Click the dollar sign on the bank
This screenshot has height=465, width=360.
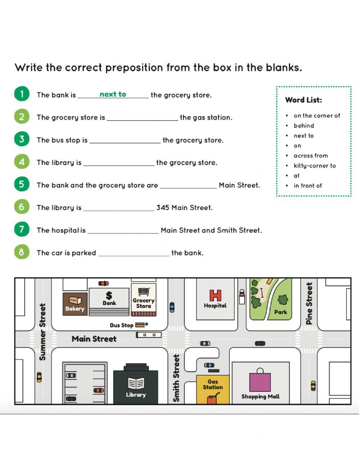click(x=109, y=295)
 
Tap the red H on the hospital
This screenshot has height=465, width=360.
click(x=215, y=295)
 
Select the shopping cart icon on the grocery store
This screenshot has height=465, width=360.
click(x=143, y=291)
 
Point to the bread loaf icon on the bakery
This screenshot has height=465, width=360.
click(x=75, y=300)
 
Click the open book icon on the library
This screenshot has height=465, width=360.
click(x=136, y=383)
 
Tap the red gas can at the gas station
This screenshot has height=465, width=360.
click(x=213, y=399)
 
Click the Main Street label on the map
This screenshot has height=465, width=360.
click(x=94, y=339)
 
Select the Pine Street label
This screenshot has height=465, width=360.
click(x=309, y=303)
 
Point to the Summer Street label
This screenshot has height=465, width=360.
click(x=42, y=332)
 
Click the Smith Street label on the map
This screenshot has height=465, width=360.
click(x=176, y=378)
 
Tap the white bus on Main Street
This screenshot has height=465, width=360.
click(x=149, y=335)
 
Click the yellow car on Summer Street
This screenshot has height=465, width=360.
click(x=39, y=377)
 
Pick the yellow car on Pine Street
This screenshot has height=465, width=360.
click(x=313, y=386)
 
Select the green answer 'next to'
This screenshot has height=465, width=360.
click(x=113, y=94)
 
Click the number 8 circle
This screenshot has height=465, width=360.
click(x=22, y=252)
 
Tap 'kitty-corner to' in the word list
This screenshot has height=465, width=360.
click(x=315, y=166)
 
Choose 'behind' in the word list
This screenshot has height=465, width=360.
click(x=304, y=126)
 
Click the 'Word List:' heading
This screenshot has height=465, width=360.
click(x=303, y=100)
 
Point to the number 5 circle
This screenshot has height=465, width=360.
click(x=22, y=184)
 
